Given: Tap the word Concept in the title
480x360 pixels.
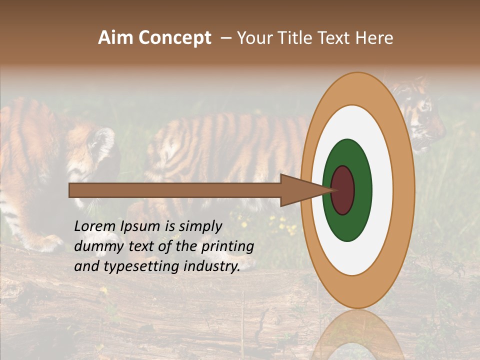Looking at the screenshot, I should click(x=175, y=38).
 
